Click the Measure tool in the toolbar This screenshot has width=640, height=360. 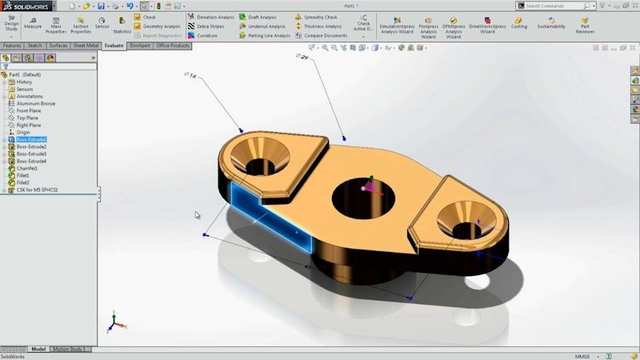pyautogui.click(x=33, y=22)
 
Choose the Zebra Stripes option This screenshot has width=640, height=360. pyautogui.click(x=206, y=26)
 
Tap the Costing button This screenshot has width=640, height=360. pyautogui.click(x=519, y=23)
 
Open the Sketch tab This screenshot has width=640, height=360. pyautogui.click(x=35, y=46)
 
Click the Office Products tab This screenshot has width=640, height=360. pyautogui.click(x=173, y=46)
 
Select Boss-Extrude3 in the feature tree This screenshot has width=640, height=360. pyautogui.click(x=31, y=154)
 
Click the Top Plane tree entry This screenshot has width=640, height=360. pyautogui.click(x=29, y=118)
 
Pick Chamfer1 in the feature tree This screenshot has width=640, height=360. pyautogui.click(x=27, y=168)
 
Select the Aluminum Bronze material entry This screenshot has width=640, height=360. pyautogui.click(x=36, y=103)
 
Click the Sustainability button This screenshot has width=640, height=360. pyautogui.click(x=551, y=23)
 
